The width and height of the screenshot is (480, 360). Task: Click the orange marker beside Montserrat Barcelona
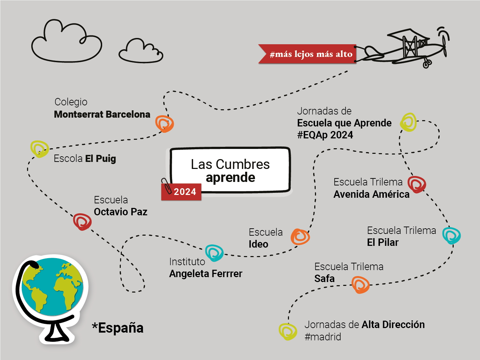164,124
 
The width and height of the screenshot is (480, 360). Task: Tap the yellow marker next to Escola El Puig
39,149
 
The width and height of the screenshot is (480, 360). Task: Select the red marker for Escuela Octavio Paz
82,222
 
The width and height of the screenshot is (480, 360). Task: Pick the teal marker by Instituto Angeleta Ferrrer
214,253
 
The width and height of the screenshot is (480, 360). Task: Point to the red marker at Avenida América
417,184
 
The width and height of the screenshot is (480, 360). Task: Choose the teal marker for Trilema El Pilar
451,235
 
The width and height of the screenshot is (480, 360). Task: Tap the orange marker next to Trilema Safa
361,284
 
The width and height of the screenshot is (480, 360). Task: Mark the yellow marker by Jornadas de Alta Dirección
288,331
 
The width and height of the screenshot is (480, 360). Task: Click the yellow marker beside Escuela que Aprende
408,122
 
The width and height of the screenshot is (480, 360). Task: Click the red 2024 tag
182,192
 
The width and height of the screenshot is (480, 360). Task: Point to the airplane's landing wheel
427,64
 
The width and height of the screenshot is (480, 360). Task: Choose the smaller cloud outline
141,52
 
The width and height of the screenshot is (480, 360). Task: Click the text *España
118,328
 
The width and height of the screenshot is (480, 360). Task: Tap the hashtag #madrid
323,337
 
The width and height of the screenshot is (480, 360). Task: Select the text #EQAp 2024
325,135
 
